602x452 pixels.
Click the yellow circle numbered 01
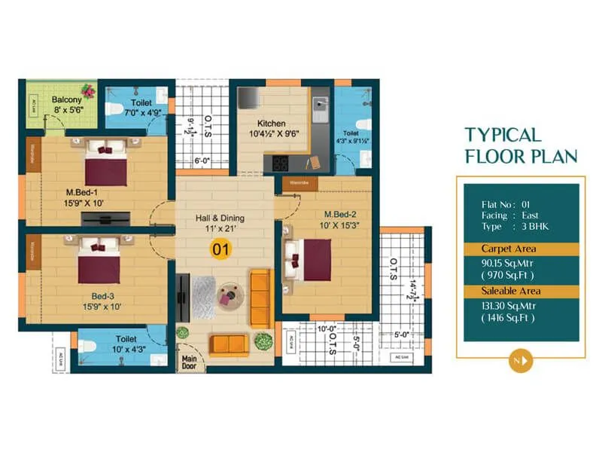(220, 247)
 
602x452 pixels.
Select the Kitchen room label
(271, 123)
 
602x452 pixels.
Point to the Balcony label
(67, 99)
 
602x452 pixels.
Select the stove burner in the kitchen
(281, 162)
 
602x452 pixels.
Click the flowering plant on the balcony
(89, 91)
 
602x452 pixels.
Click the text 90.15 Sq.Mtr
(512, 264)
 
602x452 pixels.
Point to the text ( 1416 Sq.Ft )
(512, 318)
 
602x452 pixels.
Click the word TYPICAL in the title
(503, 135)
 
